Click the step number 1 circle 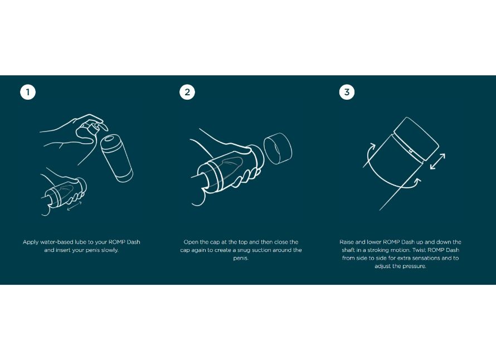click(x=28, y=92)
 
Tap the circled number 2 click(x=187, y=92)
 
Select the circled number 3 click(x=347, y=92)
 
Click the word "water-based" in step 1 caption click(x=57, y=242)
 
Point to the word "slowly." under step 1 click(x=110, y=250)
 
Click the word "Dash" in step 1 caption click(x=134, y=242)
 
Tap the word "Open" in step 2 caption click(x=191, y=242)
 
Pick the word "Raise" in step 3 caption click(x=347, y=242)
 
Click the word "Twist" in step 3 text click(x=419, y=250)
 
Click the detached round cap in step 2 click(x=278, y=148)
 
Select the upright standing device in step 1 click(x=116, y=158)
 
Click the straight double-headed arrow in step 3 click(x=437, y=162)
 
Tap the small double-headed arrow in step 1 click(x=74, y=206)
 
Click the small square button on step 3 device click(x=411, y=151)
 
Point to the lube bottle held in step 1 click(x=91, y=129)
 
